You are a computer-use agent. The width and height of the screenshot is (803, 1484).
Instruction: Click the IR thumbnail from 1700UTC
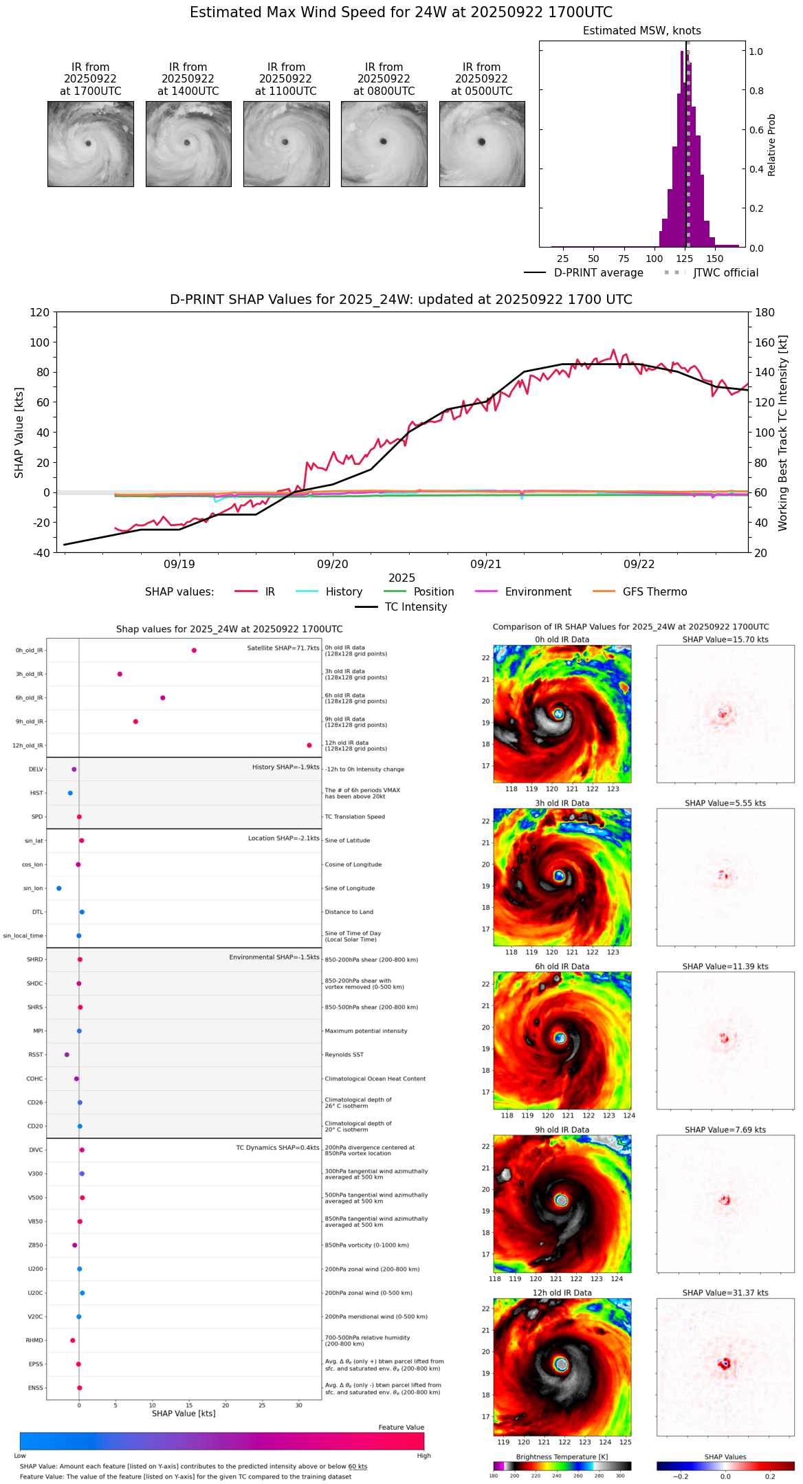(90, 144)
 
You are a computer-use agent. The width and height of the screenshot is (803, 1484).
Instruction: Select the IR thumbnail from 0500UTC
(482, 144)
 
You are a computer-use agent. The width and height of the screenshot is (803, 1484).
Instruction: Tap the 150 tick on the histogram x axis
(715, 259)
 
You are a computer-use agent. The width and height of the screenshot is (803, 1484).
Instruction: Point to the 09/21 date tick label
(486, 564)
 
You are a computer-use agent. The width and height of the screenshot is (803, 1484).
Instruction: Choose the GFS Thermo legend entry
(654, 591)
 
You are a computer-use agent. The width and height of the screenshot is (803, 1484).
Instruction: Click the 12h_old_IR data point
(309, 745)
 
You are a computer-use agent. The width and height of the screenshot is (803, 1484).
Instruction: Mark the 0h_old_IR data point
(194, 651)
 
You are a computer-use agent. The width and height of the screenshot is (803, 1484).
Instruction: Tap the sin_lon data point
(59, 888)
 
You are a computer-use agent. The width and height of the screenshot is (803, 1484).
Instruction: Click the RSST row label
(35, 1055)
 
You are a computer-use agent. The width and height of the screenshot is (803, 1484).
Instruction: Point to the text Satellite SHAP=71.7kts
(283, 648)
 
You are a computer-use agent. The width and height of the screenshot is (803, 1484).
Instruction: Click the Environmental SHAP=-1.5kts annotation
(274, 957)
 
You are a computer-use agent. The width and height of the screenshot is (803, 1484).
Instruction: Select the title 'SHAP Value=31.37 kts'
(725, 1293)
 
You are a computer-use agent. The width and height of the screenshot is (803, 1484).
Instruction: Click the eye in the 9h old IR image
(561, 1201)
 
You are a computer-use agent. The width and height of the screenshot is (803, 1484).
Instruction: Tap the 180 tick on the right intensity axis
(765, 312)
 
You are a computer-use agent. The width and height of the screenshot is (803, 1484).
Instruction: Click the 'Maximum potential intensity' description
(366, 1031)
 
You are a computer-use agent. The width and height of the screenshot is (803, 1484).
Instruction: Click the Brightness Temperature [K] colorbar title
(562, 1456)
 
